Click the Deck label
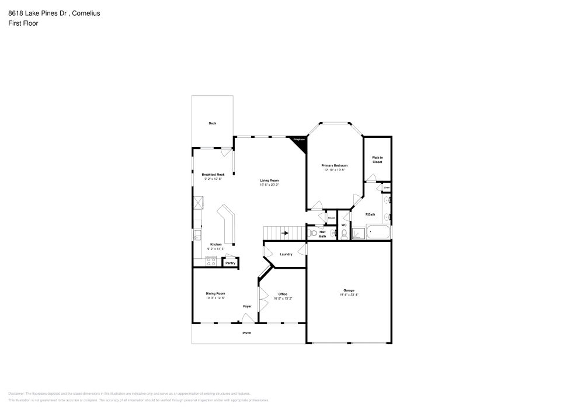coord(213,123)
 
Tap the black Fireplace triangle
coord(300,142)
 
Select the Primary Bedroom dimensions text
coord(335,170)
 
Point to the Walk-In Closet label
coord(377,159)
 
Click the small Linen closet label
coord(387,188)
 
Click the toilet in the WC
coord(344,234)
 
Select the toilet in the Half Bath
coord(314,234)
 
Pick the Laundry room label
coord(286,254)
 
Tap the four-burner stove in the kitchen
coord(211,261)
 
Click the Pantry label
coord(230,263)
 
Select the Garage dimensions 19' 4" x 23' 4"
coord(349,295)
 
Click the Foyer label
coord(248,306)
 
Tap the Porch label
coord(247,333)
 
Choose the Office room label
coord(283,294)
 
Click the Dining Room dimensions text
coord(215,298)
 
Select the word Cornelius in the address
coord(85,13)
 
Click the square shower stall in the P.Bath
coord(359,234)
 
